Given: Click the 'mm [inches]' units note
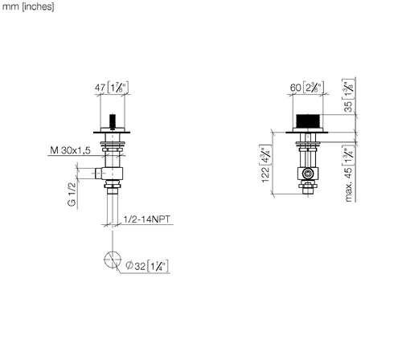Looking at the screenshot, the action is click(28, 6).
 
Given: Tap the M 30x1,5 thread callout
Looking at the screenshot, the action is click(70, 150).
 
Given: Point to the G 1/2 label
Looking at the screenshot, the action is click(72, 194).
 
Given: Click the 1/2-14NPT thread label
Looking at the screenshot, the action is click(146, 219).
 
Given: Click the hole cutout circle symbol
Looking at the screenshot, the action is click(113, 260).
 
